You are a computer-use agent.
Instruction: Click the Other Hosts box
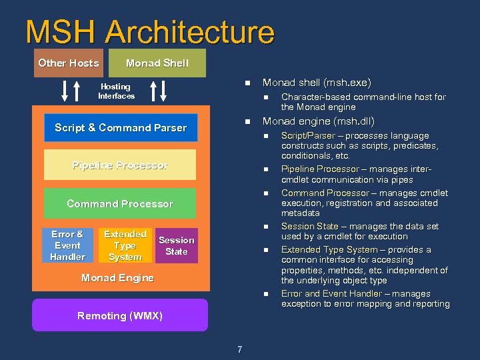click(x=68, y=63)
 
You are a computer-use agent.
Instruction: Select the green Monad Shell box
click(x=157, y=63)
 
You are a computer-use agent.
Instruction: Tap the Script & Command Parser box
click(x=121, y=127)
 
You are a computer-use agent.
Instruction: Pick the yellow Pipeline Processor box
click(x=120, y=165)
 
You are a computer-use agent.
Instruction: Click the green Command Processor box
click(x=120, y=204)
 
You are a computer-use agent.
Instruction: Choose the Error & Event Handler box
click(x=67, y=245)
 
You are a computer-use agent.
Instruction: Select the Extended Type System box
click(x=125, y=245)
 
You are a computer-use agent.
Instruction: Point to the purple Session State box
click(x=177, y=245)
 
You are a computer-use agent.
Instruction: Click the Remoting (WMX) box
click(x=120, y=315)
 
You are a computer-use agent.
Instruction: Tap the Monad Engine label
click(x=117, y=278)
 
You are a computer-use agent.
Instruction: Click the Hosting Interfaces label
click(x=116, y=91)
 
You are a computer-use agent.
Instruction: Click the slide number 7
click(x=239, y=349)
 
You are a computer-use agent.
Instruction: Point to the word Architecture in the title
click(x=190, y=32)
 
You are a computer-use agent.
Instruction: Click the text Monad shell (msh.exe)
click(x=317, y=83)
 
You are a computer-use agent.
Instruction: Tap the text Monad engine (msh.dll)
click(x=319, y=122)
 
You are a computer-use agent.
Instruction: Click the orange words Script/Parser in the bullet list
click(x=308, y=136)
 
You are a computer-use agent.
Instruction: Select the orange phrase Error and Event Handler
click(x=331, y=293)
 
